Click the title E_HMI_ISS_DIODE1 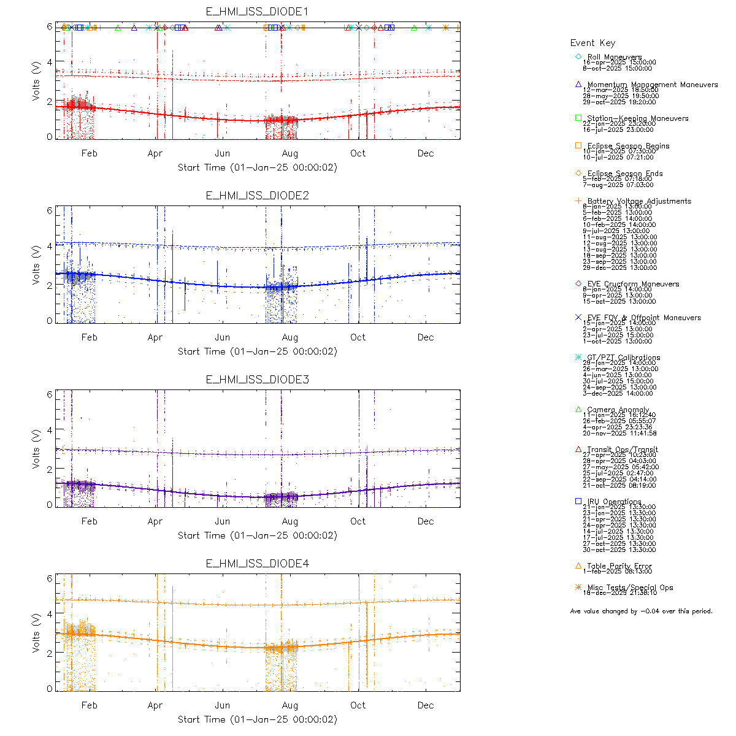[x=257, y=12]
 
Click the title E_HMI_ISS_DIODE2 [x=257, y=196]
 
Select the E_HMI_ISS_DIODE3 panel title [x=257, y=380]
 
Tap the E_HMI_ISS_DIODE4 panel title [x=257, y=564]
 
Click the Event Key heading [x=592, y=43]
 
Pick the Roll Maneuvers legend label [x=615, y=57]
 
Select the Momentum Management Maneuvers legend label [x=652, y=85]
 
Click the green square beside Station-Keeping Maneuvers [x=578, y=118]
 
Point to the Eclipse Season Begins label [x=628, y=146]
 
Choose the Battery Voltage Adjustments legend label [x=638, y=201]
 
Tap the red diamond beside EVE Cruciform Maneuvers [x=578, y=283]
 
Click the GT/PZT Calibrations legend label [x=623, y=358]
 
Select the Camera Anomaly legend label [x=618, y=410]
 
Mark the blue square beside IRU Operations [x=578, y=501]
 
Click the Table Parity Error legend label [x=619, y=566]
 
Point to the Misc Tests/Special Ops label [x=630, y=588]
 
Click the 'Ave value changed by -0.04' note [x=641, y=611]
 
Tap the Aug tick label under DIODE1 [x=290, y=153]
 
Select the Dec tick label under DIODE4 [x=426, y=705]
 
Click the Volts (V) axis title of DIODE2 [x=37, y=264]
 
